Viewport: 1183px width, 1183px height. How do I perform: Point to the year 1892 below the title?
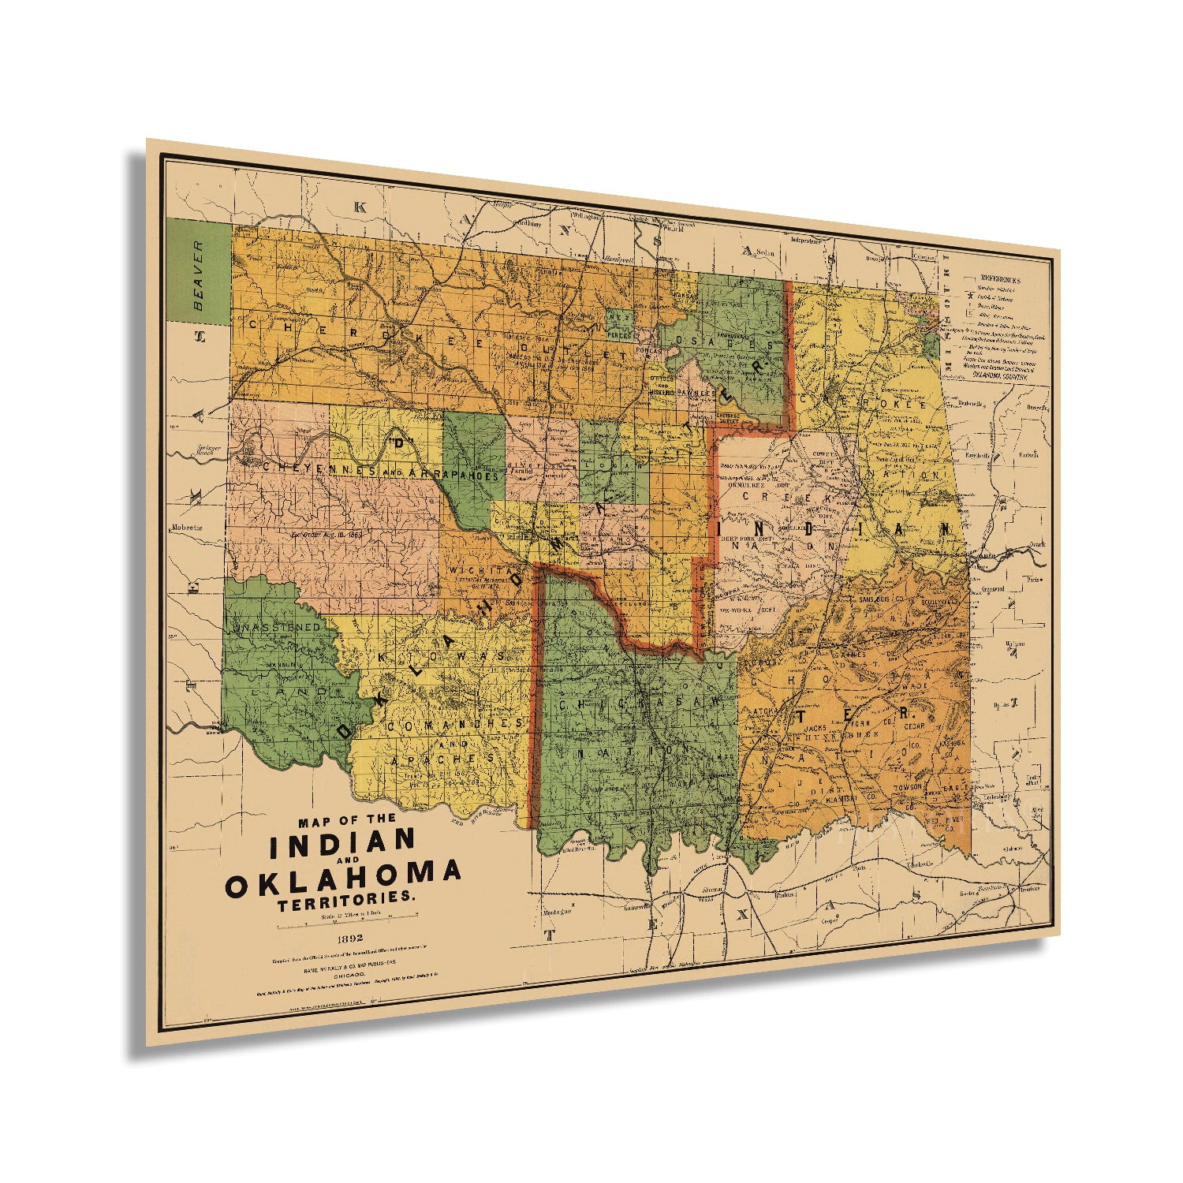pos(349,938)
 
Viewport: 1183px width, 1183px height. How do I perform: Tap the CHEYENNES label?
pos(304,467)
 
